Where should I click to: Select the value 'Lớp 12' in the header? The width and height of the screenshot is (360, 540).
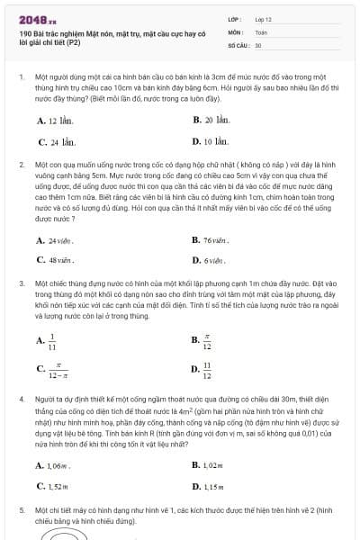tap(264, 18)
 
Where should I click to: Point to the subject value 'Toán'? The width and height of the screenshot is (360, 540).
tap(262, 31)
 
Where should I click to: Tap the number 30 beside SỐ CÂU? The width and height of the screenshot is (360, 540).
tap(258, 45)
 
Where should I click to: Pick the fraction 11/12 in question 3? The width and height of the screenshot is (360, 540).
tap(207, 369)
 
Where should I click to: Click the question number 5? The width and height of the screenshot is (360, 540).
tap(22, 509)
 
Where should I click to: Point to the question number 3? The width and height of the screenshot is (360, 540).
tap(22, 284)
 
